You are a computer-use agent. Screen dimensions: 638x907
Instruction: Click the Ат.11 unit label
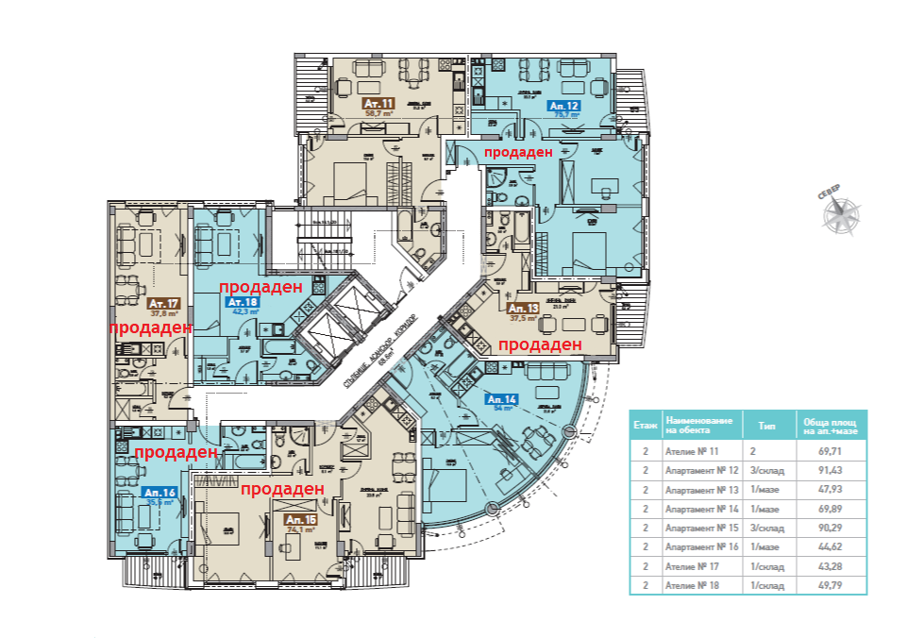378,103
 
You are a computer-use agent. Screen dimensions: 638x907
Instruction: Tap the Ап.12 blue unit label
563,107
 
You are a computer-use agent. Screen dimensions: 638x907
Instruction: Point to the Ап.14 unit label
500,399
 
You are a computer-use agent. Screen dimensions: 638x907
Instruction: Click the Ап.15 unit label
299,519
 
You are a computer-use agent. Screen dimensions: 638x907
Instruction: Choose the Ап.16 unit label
158,493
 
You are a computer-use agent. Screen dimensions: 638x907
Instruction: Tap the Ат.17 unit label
164,304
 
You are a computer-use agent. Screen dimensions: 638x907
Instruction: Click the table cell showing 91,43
831,470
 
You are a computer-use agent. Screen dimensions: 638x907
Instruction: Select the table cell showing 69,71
831,451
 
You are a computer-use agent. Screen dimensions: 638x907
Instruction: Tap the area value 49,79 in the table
831,585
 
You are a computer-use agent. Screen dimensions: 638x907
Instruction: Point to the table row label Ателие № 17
691,566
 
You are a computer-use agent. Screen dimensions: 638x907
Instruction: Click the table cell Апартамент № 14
700,509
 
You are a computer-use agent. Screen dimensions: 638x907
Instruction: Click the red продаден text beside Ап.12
517,152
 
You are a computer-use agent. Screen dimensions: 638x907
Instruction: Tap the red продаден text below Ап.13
540,345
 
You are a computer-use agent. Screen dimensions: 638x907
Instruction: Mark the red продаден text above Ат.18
260,286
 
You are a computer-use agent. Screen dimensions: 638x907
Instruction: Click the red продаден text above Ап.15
283,488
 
